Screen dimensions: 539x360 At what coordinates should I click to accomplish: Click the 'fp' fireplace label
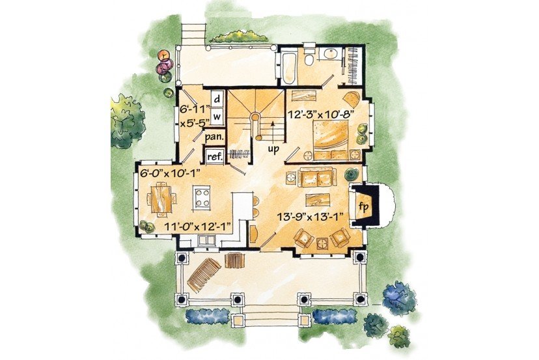tap(364, 207)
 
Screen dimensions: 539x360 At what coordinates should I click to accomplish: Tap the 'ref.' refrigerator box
tap(215, 156)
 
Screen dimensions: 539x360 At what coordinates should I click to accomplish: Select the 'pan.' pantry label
tap(215, 137)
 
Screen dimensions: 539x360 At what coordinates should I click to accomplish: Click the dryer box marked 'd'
tap(217, 99)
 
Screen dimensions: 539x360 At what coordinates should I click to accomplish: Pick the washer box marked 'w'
tap(217, 117)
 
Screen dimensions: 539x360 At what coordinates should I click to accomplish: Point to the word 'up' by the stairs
tap(273, 150)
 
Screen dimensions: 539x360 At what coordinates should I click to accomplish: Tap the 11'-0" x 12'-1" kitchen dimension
tap(197, 227)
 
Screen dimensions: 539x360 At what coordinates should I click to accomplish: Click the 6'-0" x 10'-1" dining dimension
tap(171, 173)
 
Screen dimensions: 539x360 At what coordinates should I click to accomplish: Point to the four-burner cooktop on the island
tap(201, 198)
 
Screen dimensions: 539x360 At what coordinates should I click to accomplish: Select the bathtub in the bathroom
tap(288, 68)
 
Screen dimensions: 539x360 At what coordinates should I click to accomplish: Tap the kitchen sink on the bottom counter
tap(206, 240)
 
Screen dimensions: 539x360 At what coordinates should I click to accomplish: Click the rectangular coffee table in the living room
tap(318, 200)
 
